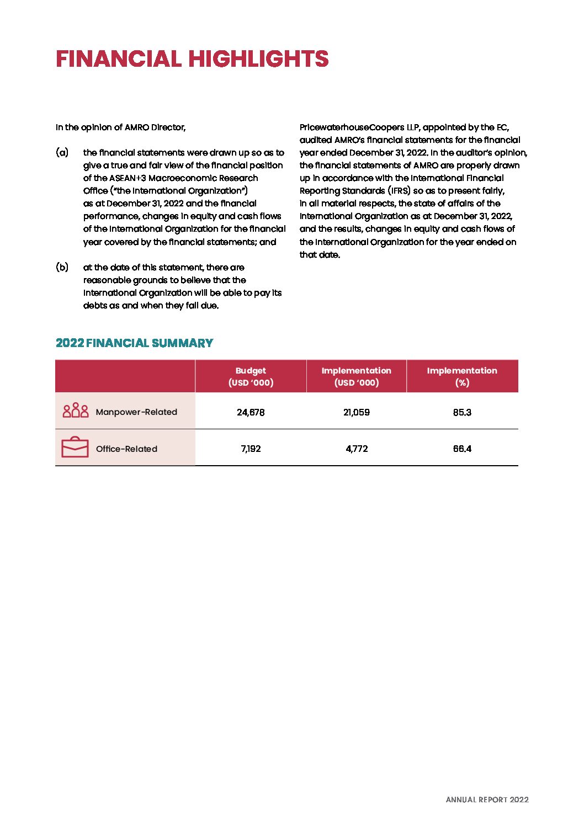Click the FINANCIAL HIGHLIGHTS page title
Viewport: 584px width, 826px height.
coord(192,59)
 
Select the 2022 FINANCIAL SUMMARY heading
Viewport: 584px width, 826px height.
coord(134,343)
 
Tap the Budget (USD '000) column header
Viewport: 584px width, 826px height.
coord(251,376)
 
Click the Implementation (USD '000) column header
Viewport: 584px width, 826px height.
coord(356,376)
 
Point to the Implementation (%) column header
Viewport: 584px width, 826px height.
coord(462,376)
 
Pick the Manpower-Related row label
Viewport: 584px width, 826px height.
coord(136,412)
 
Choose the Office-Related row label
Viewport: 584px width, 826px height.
coord(126,449)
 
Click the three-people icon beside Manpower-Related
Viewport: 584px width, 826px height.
coord(76,411)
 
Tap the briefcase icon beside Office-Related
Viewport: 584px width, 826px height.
coord(75,447)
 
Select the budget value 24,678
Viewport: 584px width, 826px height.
coord(251,412)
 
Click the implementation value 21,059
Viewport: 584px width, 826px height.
coord(357,412)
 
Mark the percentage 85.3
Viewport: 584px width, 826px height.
coord(462,412)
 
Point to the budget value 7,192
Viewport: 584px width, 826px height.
coord(251,449)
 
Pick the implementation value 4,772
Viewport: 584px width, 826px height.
coord(357,449)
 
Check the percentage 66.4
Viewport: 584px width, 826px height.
coord(462,449)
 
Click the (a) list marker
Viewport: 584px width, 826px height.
coord(62,152)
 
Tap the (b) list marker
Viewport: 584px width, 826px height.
coord(62,267)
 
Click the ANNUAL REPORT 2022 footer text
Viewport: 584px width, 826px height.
coord(487,800)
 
